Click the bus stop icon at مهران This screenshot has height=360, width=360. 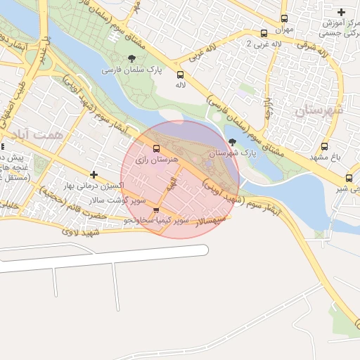click(x=284, y=19)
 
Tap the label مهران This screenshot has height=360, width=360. click(x=284, y=30)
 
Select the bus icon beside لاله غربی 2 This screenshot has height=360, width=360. click(x=264, y=33)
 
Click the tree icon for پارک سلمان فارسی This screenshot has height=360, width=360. click(x=131, y=58)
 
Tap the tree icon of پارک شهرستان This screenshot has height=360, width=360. click(x=233, y=141)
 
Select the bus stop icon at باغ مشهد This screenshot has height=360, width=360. click(x=324, y=146)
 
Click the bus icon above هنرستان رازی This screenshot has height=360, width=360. click(x=156, y=148)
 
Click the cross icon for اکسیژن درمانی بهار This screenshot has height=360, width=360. click(x=94, y=174)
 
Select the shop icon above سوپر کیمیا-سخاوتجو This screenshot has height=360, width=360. click(x=156, y=210)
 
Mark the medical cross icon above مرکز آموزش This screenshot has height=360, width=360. click(x=342, y=13)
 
